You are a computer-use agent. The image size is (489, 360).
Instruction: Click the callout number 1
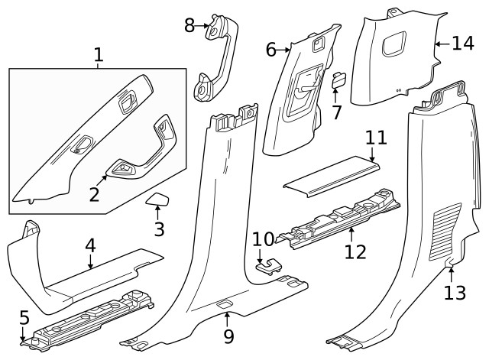point(98,54)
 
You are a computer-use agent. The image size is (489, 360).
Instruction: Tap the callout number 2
point(94,193)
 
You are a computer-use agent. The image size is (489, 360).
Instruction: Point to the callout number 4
point(90,245)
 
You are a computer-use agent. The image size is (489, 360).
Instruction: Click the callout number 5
point(24,316)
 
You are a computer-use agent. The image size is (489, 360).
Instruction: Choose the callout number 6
point(271,50)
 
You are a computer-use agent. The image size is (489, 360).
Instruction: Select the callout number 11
point(376,138)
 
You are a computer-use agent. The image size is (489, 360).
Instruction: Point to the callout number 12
point(355,251)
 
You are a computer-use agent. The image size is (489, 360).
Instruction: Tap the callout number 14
point(462,43)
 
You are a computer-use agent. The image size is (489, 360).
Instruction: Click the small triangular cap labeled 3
point(158,202)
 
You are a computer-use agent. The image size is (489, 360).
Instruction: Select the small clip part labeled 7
point(338,79)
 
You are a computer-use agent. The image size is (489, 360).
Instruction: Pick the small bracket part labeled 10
point(269,264)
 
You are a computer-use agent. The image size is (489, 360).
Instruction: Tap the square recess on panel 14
point(397,44)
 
